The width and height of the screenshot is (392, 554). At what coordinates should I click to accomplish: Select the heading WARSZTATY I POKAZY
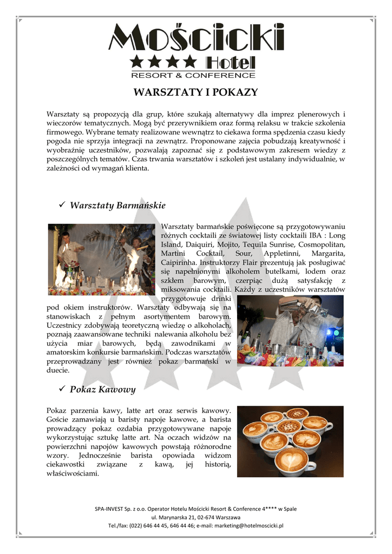(195, 92)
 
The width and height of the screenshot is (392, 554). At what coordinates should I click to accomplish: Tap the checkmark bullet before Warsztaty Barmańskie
(61, 205)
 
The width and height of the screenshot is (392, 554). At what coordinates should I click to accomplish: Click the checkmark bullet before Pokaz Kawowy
(61, 389)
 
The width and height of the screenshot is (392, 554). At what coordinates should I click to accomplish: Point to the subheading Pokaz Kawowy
(103, 390)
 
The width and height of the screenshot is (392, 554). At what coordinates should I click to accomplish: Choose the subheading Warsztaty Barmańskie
(117, 206)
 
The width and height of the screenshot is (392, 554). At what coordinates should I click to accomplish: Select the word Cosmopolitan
(318, 245)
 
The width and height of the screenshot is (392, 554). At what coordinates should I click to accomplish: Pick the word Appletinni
(282, 254)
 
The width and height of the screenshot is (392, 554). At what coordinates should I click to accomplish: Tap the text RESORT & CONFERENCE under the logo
(193, 75)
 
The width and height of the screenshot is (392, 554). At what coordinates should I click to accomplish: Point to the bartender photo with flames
(102, 259)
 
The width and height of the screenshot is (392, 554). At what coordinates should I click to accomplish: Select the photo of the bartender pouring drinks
(290, 331)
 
